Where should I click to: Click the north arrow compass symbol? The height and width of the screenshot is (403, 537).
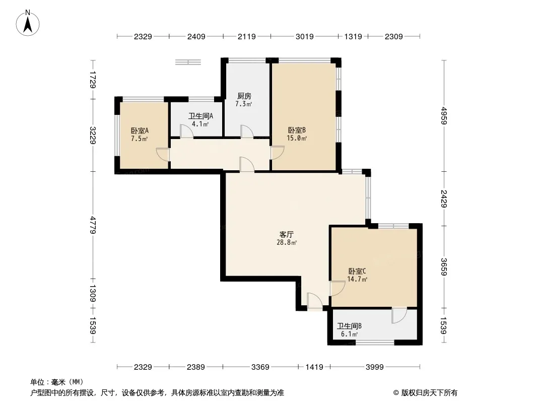coord(28,23)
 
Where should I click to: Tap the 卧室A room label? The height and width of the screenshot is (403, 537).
coord(140,130)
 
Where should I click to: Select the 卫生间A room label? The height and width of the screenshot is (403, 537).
coord(200,116)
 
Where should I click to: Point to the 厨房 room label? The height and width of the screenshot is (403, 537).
coord(244,96)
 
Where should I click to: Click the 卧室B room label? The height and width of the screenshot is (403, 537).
coord(297,130)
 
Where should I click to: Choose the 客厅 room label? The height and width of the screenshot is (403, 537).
coord(286,235)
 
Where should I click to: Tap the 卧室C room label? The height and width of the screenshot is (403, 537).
coord(357,271)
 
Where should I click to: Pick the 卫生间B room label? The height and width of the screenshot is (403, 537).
coord(349,326)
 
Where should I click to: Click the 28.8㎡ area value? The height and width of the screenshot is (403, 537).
coord(287,243)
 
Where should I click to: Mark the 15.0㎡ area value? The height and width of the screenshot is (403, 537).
coord(297,139)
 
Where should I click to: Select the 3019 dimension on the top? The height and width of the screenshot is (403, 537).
coord(304,36)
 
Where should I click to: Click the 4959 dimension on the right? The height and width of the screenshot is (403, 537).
coord(444,115)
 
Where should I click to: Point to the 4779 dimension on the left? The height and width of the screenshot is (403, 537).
coord(93,225)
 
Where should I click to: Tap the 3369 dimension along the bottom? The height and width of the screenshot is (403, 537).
coord(260,367)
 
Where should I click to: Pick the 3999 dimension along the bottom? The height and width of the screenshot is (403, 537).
coord(375,367)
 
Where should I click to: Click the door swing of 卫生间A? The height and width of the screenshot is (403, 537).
coord(187,131)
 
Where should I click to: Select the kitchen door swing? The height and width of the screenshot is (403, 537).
coord(246,131)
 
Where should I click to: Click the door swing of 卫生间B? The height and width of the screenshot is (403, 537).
coord(399,315)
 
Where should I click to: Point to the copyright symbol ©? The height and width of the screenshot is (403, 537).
coord(396,393)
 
